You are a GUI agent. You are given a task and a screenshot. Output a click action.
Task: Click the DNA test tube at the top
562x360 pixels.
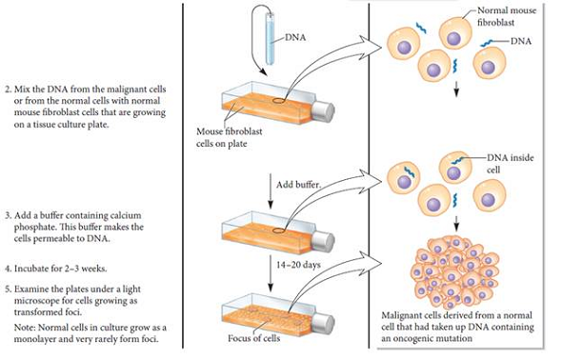click(x=271, y=37)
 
